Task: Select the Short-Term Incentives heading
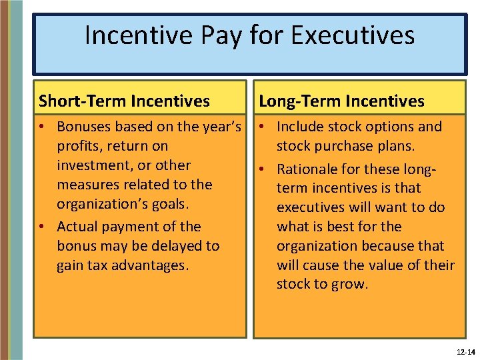(x=124, y=101)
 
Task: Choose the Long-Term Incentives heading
(x=341, y=101)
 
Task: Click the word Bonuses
(x=86, y=127)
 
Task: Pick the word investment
(x=96, y=165)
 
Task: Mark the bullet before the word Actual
(x=43, y=227)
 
